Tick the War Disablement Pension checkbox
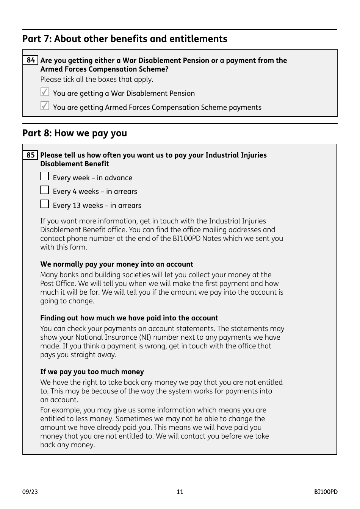coord(45,92)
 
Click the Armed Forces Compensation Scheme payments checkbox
coord(45,106)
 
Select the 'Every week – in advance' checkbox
coord(45,176)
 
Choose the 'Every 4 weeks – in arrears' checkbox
coord(45,190)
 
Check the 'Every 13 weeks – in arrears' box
coord(45,204)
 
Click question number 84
coord(31,60)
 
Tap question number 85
coord(31,155)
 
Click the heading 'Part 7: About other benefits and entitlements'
coord(125,39)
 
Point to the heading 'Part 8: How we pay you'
coord(75,133)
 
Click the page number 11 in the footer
coord(180,492)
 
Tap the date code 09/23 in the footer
coord(30,492)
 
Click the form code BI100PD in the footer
coord(326,492)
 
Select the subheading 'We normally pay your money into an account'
coord(117,264)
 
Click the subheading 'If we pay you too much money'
coord(92,372)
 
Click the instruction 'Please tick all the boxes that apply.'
coord(97,80)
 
